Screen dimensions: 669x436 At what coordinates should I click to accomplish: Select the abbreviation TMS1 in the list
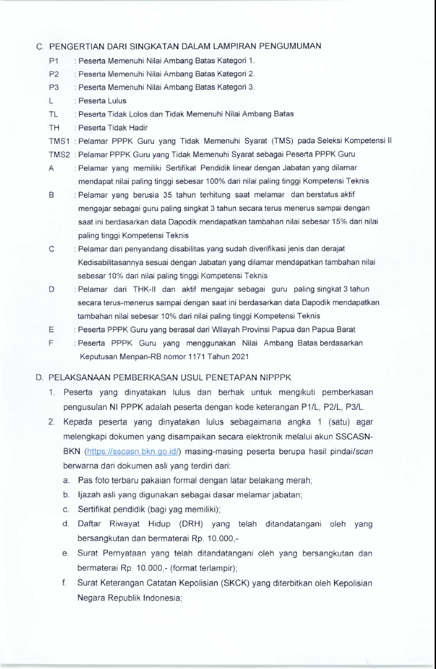[59, 141]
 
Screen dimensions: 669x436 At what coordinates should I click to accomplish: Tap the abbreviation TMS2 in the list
[59, 154]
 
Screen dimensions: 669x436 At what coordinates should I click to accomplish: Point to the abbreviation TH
[54, 127]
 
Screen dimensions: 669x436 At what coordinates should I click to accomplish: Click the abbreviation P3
[54, 87]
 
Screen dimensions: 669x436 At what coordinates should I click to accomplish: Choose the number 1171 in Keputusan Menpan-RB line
[197, 357]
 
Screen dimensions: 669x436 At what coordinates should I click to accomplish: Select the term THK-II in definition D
[144, 289]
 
